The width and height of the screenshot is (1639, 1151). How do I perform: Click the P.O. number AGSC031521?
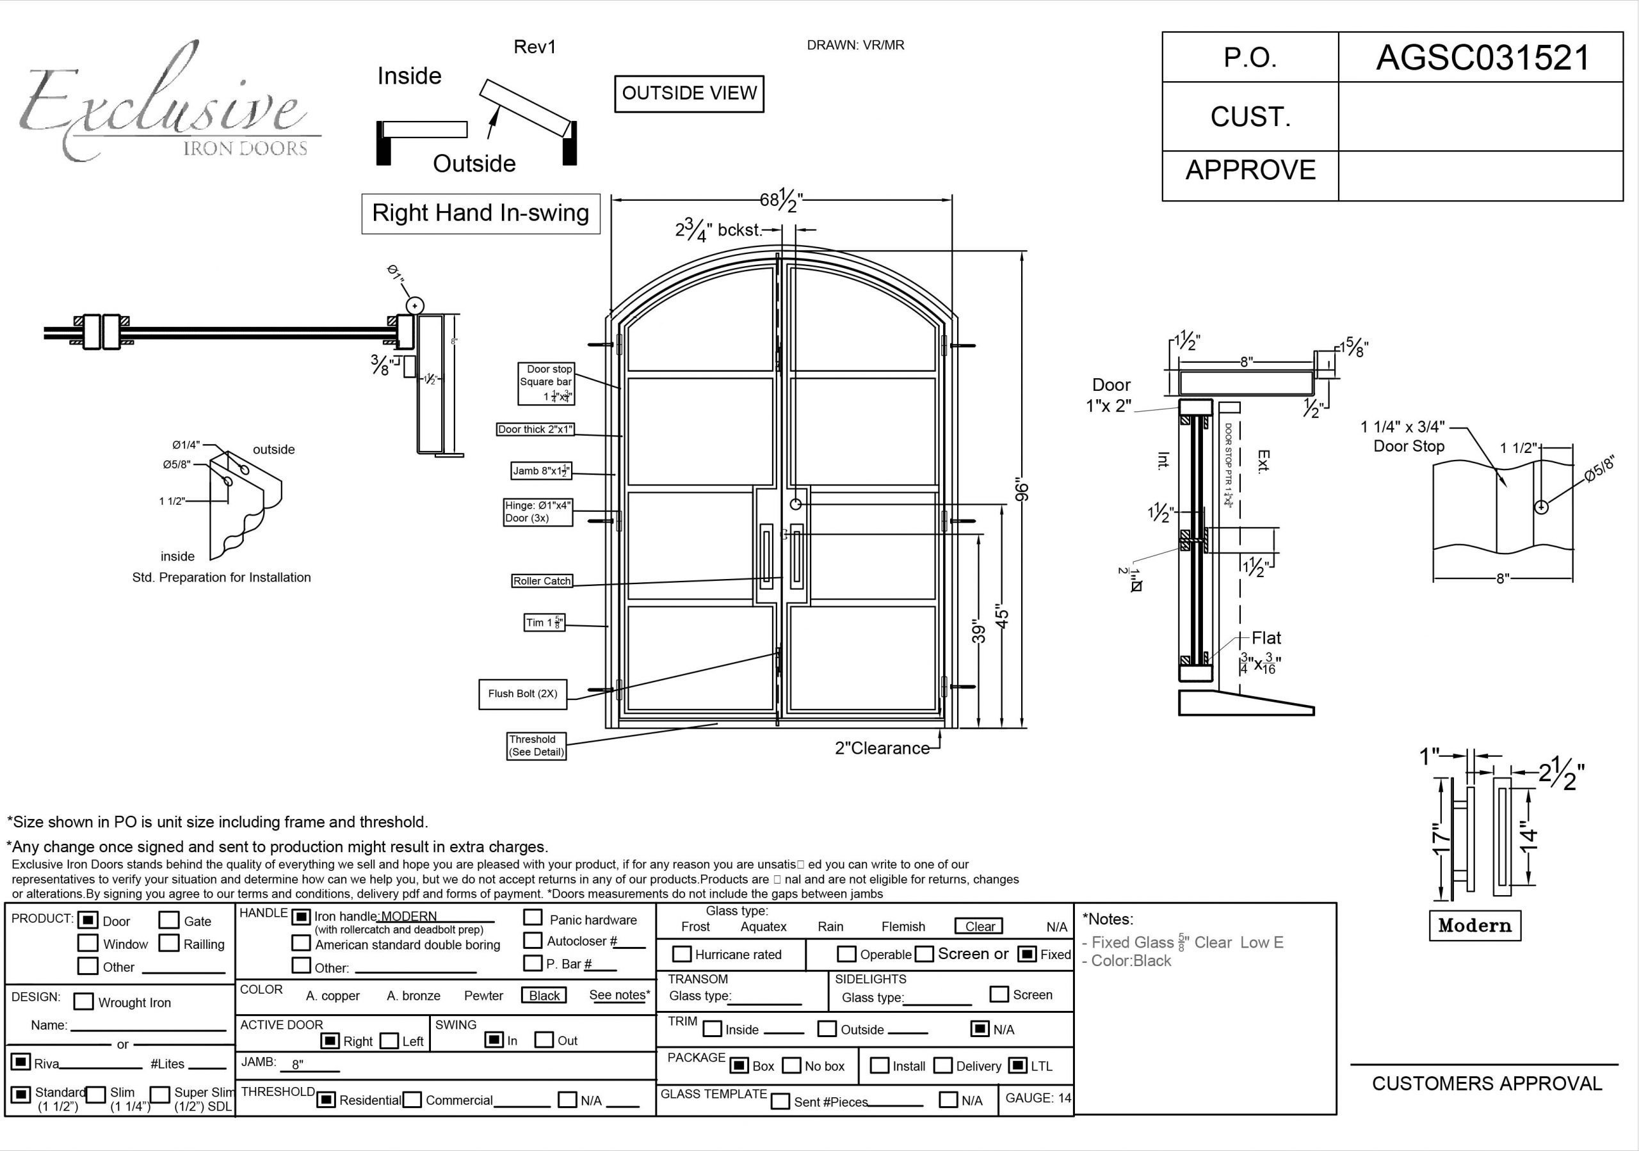tap(1483, 58)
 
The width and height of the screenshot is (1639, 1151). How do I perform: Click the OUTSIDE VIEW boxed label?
tap(689, 93)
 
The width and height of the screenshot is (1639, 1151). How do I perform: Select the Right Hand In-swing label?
tap(480, 213)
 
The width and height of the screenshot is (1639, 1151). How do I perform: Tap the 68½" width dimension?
tap(781, 200)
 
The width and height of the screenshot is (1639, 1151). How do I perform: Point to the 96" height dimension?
tap(1022, 491)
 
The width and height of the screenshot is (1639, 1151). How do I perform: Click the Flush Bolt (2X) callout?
tap(522, 694)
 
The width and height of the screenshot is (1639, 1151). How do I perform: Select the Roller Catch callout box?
tap(542, 581)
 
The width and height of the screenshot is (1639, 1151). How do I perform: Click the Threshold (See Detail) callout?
tap(536, 746)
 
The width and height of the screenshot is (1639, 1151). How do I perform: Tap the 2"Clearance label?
tap(882, 749)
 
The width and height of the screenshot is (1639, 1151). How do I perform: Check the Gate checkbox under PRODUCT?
tap(168, 921)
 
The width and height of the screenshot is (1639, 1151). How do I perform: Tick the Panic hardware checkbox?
tap(532, 917)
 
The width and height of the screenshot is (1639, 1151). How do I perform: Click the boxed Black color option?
tap(544, 996)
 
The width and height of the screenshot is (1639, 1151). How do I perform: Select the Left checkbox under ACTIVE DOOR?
tap(389, 1041)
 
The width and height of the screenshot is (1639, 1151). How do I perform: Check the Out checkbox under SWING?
tap(544, 1040)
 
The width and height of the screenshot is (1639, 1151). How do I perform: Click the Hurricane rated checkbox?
tap(682, 954)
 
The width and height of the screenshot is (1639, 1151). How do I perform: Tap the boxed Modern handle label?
tap(1475, 926)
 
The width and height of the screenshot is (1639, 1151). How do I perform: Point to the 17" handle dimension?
tap(1441, 840)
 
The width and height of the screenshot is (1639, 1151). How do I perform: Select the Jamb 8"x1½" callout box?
tap(541, 471)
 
